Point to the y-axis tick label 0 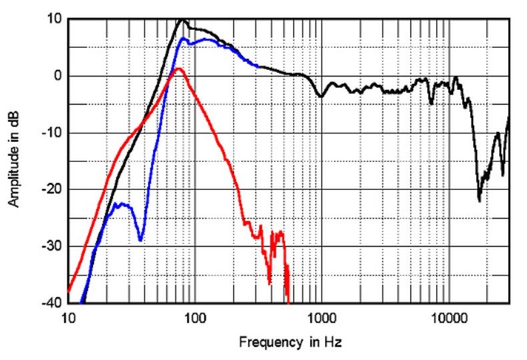(x=59, y=76)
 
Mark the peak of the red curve (x=178, y=69)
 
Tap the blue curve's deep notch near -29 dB (x=140, y=240)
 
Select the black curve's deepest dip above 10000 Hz (x=479, y=199)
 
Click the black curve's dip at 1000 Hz (x=321, y=97)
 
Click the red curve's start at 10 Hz (x=68, y=291)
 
